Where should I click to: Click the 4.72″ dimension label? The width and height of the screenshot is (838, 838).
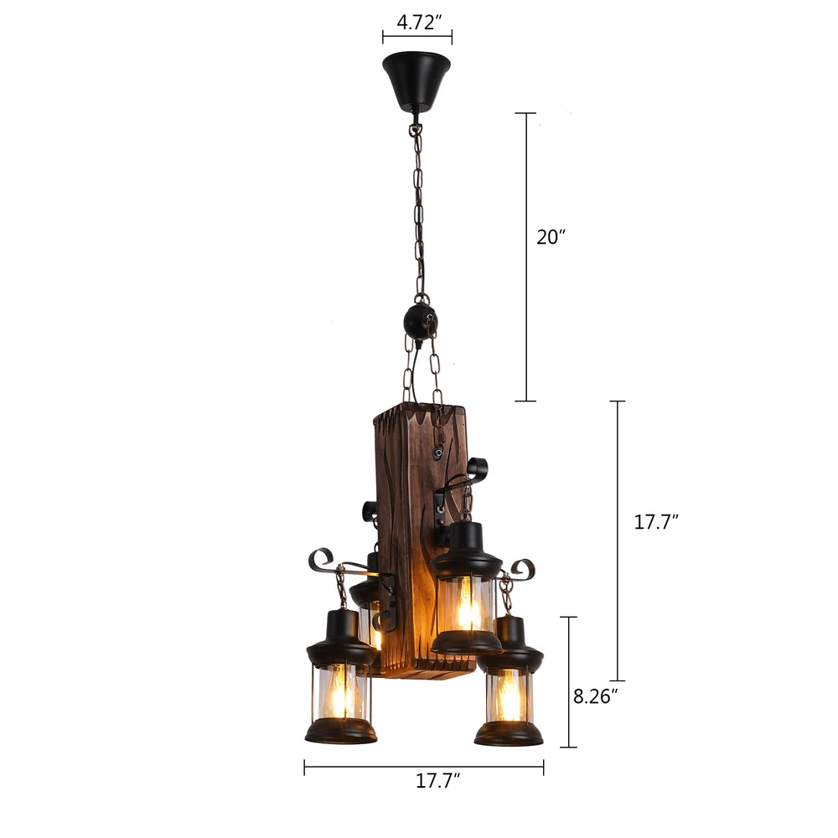point(419,23)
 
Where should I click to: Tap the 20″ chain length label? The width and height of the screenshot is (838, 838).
point(551,237)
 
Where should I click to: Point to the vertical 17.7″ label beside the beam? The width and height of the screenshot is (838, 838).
point(656,521)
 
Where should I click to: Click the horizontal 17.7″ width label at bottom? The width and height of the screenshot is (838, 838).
point(437,781)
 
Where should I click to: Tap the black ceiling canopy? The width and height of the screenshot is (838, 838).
point(416,80)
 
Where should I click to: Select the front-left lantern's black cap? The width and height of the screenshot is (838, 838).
point(342,639)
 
